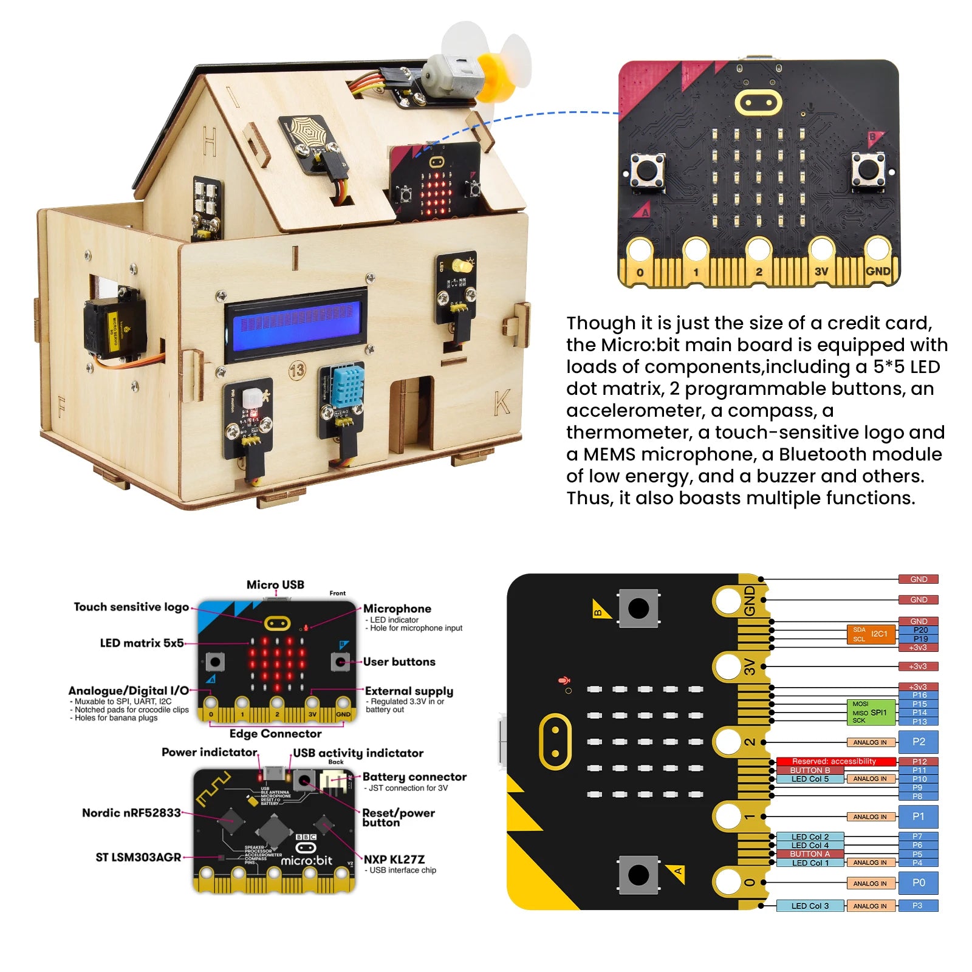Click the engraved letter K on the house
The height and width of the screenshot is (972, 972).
point(502,402)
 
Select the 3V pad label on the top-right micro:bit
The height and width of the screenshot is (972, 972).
point(821,272)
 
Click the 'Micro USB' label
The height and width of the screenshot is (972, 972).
point(275,584)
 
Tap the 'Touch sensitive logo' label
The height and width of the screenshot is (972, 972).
point(131,607)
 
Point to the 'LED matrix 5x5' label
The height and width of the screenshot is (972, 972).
point(142,643)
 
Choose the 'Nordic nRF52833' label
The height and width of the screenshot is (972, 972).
point(131,813)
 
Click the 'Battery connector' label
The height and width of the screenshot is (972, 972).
point(414,776)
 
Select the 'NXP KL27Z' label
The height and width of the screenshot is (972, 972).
point(394,859)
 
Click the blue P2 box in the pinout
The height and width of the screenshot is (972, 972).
point(919,742)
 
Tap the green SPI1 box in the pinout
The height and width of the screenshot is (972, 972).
point(872,712)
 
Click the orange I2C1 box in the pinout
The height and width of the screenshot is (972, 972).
point(871,634)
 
